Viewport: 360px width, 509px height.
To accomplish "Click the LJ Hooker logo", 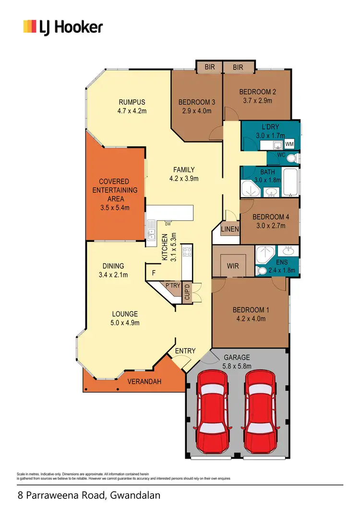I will pos(63,27).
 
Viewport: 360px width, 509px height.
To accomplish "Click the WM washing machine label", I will pos(289,144).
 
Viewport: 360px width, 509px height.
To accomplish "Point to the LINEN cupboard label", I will pos(230,229).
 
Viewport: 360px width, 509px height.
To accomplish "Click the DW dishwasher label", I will pos(168,224).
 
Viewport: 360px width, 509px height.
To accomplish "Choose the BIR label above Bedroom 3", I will pos(210,67).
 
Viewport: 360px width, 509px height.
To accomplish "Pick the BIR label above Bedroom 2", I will pos(238,68).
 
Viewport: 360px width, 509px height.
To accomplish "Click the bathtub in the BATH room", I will pos(290,182).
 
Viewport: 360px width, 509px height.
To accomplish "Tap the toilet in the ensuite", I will pos(263,271).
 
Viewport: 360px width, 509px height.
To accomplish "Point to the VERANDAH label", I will pos(144,382).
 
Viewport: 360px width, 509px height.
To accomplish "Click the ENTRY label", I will pos(185,351).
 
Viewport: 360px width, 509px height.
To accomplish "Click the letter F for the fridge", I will pos(154,273).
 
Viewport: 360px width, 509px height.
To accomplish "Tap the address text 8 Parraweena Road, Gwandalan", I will pos(89,495).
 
